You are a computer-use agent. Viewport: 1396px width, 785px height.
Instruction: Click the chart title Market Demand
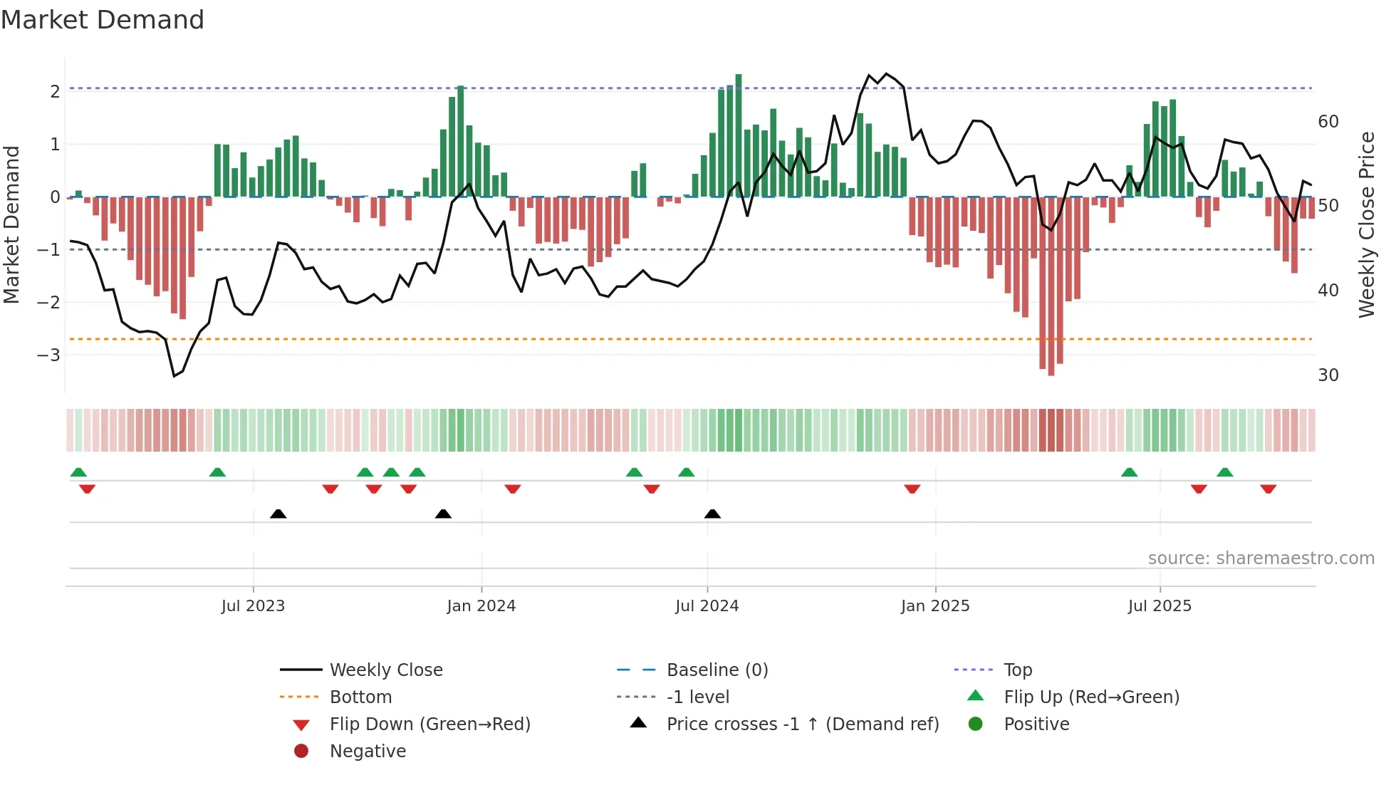pyautogui.click(x=103, y=20)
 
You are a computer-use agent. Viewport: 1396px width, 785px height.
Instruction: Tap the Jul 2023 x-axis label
pyautogui.click(x=253, y=606)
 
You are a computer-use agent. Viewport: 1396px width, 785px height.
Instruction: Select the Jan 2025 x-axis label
pyautogui.click(x=934, y=606)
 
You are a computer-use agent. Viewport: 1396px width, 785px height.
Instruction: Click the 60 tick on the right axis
pyautogui.click(x=1328, y=122)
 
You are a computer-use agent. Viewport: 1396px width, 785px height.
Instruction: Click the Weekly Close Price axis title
pyautogui.click(x=1366, y=224)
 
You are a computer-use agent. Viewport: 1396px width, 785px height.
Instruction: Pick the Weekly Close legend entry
pyautogui.click(x=385, y=670)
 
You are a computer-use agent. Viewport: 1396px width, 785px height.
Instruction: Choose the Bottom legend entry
pyautogui.click(x=360, y=697)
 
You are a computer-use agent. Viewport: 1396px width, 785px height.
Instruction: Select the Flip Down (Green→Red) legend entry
pyautogui.click(x=429, y=724)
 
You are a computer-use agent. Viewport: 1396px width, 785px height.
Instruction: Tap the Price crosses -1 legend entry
pyautogui.click(x=802, y=724)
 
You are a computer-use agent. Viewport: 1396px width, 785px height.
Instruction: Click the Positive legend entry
pyautogui.click(x=1036, y=724)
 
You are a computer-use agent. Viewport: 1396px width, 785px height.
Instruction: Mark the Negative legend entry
pyautogui.click(x=368, y=752)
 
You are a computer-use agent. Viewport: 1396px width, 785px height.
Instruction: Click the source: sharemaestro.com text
pyautogui.click(x=1261, y=558)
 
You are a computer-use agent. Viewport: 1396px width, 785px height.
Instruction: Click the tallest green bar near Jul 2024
pyautogui.click(x=739, y=135)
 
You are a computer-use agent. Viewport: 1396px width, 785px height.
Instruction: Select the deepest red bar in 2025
pyautogui.click(x=1051, y=285)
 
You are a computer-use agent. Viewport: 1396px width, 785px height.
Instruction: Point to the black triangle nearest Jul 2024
pyautogui.click(x=712, y=514)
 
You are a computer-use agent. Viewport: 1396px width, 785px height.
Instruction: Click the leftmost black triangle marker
pyautogui.click(x=278, y=514)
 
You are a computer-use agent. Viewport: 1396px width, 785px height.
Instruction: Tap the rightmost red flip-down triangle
pyautogui.click(x=1268, y=489)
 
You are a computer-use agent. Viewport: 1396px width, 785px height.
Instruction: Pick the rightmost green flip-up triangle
pyautogui.click(x=1224, y=472)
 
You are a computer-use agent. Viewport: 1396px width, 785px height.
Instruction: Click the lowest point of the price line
pyautogui.click(x=174, y=375)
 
